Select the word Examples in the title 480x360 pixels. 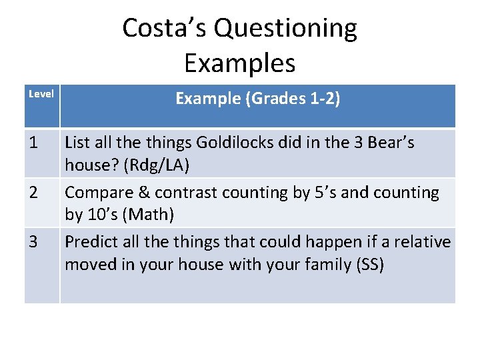coord(239,63)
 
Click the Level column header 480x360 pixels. coord(41,94)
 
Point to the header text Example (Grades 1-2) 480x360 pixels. coord(258,99)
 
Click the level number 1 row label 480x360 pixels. coord(33,143)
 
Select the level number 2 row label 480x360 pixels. coord(33,193)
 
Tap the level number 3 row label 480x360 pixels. coord(33,242)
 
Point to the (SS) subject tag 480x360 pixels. coord(371,265)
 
